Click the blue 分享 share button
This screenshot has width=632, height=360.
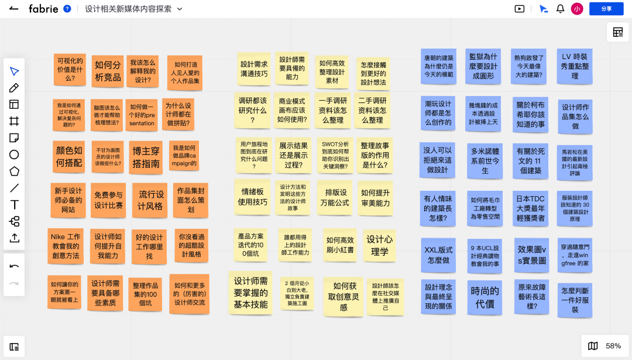pyautogui.click(x=606, y=9)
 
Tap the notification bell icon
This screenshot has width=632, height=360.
pyautogui.click(x=560, y=9)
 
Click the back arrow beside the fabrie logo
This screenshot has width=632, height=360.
pyautogui.click(x=14, y=9)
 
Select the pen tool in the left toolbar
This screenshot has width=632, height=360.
pyautogui.click(x=14, y=88)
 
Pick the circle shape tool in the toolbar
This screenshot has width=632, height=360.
pyautogui.click(x=14, y=155)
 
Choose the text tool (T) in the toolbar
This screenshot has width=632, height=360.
pyautogui.click(x=14, y=205)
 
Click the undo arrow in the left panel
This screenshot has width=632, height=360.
pyautogui.click(x=14, y=266)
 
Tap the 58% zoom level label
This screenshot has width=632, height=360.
pyautogui.click(x=613, y=346)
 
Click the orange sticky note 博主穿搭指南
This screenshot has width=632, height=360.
pyautogui.click(x=146, y=157)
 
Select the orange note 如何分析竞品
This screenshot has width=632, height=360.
pyautogui.click(x=108, y=71)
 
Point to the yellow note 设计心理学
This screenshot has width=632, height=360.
pyautogui.click(x=379, y=245)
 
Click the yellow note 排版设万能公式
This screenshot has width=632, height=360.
pyautogui.click(x=336, y=197)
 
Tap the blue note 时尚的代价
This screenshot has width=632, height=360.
pyautogui.click(x=485, y=297)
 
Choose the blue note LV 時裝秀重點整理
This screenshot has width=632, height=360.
pyautogui.click(x=574, y=66)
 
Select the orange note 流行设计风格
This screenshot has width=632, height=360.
pyautogui.click(x=150, y=200)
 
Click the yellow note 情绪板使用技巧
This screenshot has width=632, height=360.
pyautogui.click(x=252, y=197)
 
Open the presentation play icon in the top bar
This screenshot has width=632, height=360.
pyautogui.click(x=519, y=9)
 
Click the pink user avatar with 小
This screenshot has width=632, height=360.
pyautogui.click(x=577, y=9)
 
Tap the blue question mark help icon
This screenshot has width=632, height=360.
pyautogui.click(x=67, y=9)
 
